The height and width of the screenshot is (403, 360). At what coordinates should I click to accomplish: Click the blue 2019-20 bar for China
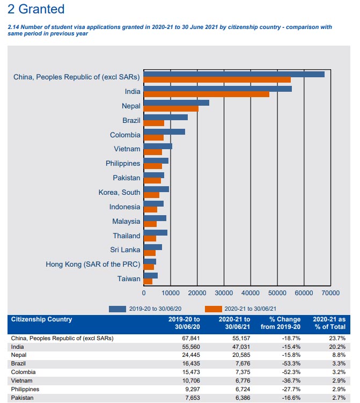[234, 74]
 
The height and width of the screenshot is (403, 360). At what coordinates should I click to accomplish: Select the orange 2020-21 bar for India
[207, 94]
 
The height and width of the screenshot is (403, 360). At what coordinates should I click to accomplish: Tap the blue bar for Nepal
[177, 103]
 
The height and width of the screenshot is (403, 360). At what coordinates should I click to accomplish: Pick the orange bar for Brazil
[154, 123]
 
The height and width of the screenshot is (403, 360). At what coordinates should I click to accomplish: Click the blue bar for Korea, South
[157, 189]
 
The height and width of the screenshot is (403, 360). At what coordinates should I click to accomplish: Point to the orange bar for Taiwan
[148, 282]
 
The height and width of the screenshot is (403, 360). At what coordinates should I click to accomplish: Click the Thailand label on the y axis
[127, 236]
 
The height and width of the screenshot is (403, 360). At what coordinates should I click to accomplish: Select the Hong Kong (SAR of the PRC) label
[93, 265]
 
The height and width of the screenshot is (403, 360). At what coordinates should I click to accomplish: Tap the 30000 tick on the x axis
[224, 293]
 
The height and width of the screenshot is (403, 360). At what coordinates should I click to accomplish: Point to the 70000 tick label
[330, 293]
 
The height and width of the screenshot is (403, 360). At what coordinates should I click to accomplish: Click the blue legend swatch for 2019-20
[117, 309]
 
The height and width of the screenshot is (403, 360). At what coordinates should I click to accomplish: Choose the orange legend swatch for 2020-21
[214, 309]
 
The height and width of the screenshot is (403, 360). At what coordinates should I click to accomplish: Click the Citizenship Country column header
[41, 319]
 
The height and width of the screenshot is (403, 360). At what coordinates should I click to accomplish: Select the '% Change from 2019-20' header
[281, 323]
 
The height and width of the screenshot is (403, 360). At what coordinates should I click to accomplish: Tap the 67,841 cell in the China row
[191, 338]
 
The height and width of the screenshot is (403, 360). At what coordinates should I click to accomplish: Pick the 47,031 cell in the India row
[241, 347]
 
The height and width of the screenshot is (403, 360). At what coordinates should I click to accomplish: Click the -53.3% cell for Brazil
[291, 364]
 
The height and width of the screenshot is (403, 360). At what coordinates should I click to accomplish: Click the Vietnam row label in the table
[21, 380]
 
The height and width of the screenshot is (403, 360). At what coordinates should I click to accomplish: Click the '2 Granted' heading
[36, 9]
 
